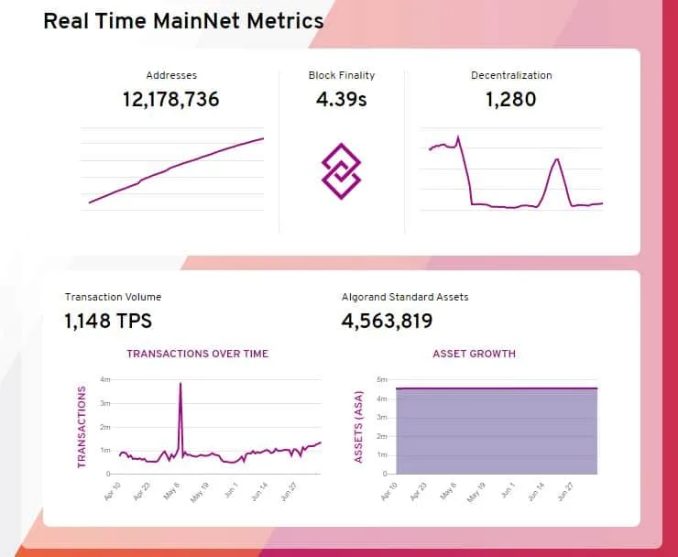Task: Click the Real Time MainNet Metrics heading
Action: coord(183,21)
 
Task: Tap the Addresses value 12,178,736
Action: coord(171,100)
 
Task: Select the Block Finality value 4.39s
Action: coord(341,100)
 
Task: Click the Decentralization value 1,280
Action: coord(510,100)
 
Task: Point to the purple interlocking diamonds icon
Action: coord(341,171)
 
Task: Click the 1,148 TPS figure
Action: coord(108,321)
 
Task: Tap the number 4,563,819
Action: coord(387,321)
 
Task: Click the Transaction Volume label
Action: coord(113,297)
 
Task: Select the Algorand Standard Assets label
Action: coord(405,297)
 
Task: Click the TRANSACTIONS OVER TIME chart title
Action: coord(198,354)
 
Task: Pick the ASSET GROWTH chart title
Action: coord(474,354)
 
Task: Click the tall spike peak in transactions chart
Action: coord(180,384)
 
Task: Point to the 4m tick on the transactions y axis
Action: coord(105,379)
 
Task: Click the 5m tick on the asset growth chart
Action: coord(382,379)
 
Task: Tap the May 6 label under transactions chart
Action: coord(171,491)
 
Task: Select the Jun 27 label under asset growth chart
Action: coord(565,492)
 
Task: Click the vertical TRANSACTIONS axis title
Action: coord(82,427)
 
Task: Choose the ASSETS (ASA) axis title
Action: coord(358,427)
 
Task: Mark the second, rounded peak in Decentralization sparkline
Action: coord(557,159)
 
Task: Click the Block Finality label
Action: coord(342,75)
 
